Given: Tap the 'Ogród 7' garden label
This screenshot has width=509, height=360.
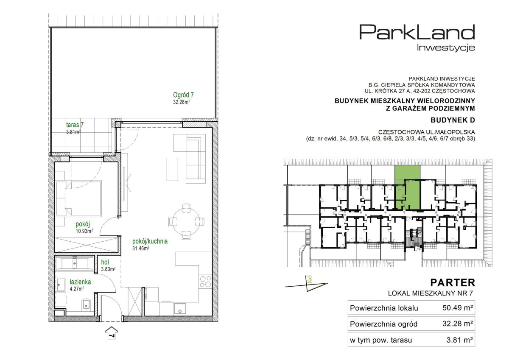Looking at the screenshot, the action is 183,95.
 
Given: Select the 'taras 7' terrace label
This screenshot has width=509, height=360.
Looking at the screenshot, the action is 75,125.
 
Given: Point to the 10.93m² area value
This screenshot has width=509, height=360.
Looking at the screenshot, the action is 84,231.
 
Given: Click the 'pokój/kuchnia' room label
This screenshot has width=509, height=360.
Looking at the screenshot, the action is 150,241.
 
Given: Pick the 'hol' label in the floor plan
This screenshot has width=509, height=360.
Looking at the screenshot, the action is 105,262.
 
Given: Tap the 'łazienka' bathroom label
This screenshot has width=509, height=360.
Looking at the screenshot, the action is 80,282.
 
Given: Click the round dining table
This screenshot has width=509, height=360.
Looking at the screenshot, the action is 186,221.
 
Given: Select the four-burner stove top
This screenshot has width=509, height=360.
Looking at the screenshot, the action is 205,282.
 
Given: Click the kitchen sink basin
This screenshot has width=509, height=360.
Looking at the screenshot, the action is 180,309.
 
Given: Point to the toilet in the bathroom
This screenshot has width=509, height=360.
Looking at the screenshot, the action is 86,304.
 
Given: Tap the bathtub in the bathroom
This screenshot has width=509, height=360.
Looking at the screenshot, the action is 74,264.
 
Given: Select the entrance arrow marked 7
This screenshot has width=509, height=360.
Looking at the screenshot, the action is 111,333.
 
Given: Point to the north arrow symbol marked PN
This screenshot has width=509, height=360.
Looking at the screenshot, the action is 307,284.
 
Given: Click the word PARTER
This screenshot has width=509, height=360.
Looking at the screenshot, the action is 453,283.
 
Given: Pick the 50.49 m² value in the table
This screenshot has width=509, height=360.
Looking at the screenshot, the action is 458,308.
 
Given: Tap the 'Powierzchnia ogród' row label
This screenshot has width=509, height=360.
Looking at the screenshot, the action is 383,324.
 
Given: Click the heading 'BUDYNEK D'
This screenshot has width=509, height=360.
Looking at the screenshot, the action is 453,120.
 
